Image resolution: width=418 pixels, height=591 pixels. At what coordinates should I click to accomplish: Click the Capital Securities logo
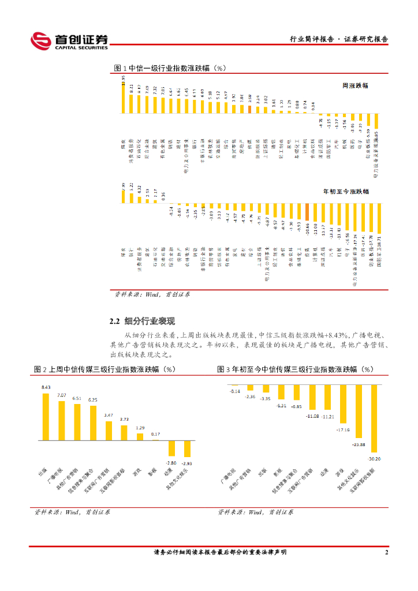pos(69,40)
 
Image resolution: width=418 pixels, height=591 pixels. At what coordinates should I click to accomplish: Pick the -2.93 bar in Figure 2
pos(186,449)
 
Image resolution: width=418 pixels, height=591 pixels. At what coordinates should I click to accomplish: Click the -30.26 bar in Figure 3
pos(374,418)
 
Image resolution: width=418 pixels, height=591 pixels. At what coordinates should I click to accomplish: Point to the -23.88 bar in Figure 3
pos(359,411)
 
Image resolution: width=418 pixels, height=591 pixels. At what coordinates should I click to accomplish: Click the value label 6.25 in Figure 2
pos(92,399)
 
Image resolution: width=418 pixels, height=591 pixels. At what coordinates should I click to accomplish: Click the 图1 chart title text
pos(170,68)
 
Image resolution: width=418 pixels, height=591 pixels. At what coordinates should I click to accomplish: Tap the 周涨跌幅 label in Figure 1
pos(355,85)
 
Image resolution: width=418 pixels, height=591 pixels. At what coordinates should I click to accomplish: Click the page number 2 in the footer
pos(386,552)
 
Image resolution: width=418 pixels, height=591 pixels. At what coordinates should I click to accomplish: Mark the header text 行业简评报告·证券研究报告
pos(338,39)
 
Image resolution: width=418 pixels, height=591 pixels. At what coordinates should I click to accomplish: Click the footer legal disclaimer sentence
pos(220,552)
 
